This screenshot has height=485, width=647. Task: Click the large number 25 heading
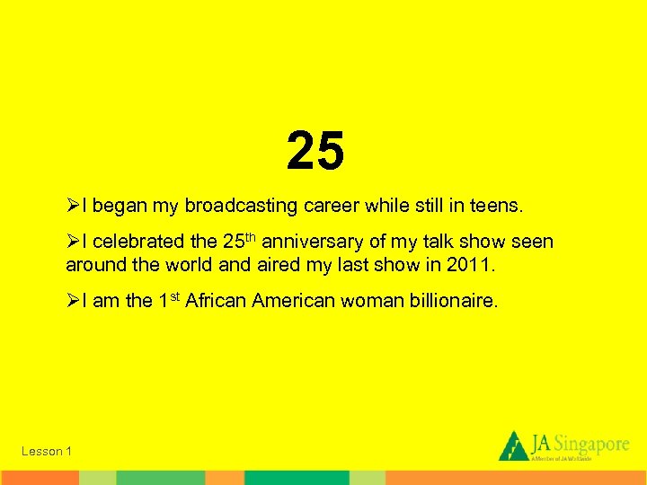click(316, 150)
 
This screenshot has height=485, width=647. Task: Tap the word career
click(335, 206)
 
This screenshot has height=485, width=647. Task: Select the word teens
click(492, 206)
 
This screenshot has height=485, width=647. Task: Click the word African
click(217, 302)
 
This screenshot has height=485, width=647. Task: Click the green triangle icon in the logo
click(513, 445)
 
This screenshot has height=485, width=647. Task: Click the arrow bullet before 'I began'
click(73, 206)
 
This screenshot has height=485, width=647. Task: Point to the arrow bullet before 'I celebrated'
click(73, 242)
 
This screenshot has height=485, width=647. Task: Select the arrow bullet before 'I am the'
click(73, 302)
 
